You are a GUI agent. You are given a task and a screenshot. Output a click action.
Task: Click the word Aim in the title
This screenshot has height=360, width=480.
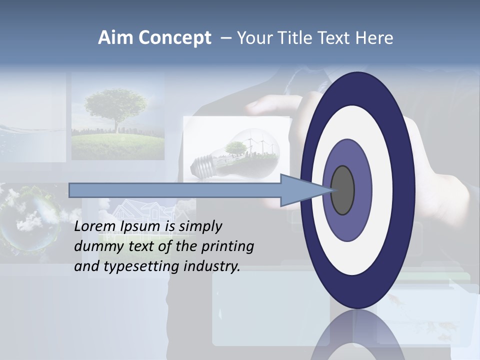pyautogui.click(x=115, y=38)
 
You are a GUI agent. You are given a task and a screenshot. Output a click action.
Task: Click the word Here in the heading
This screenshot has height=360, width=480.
pyautogui.click(x=375, y=38)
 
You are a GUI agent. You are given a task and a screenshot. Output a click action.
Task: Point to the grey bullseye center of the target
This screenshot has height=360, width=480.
pyautogui.click(x=342, y=190)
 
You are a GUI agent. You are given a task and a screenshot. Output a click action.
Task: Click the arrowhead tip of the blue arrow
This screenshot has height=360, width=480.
pyautogui.click(x=332, y=190)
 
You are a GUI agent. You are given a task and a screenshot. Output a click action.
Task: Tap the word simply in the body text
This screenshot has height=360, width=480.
pyautogui.click(x=200, y=227)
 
